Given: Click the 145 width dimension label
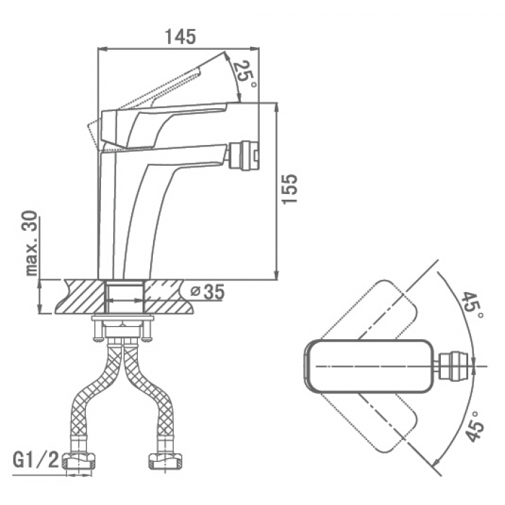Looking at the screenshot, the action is coord(180,37).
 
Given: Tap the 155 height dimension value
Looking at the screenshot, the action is coord(289,189).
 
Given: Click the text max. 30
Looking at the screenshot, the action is coord(32,244).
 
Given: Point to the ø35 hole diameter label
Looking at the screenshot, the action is coord(207,292).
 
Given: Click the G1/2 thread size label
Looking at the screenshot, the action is coord(36,461).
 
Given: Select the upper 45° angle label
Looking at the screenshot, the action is coord(472,304).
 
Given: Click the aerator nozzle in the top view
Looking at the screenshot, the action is coord(454,366).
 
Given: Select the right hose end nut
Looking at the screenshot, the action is coord(166,461).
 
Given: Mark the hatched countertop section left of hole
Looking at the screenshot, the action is coord(81,297).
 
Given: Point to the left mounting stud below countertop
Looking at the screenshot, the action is coord(96,328).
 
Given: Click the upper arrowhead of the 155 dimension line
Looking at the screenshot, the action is coord(276,107).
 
